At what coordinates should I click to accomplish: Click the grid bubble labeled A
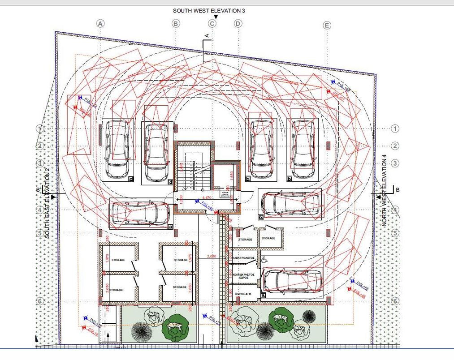coord(100,23)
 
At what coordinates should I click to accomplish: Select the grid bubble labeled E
coord(327,26)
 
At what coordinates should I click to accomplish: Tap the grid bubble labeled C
coord(212,23)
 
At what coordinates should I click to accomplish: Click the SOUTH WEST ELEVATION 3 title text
coord(209,10)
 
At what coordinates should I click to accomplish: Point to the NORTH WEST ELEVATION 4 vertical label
coord(384,191)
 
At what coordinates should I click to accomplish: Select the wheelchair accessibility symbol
coord(264,259)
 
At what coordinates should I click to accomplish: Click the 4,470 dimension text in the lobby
coord(207,197)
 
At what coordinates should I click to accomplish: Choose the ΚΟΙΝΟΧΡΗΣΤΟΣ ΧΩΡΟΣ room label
coord(244,276)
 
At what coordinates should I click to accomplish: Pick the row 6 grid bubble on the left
coord(39,302)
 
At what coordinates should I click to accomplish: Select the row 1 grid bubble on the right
coord(395,129)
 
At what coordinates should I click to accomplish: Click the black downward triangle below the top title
coord(216,17)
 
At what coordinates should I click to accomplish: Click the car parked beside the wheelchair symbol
coord(293,281)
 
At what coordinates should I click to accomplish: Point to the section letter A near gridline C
coord(207,34)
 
